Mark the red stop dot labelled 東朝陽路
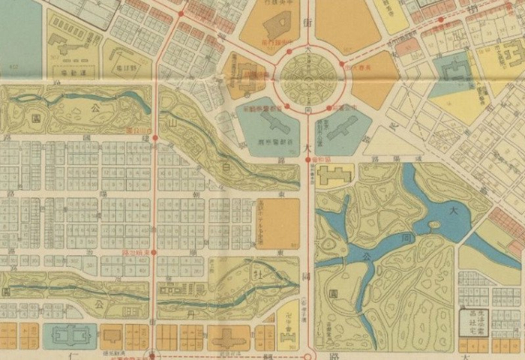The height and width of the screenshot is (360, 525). click(154, 253)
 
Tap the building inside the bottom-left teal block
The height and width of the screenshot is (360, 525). click(70, 336)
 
